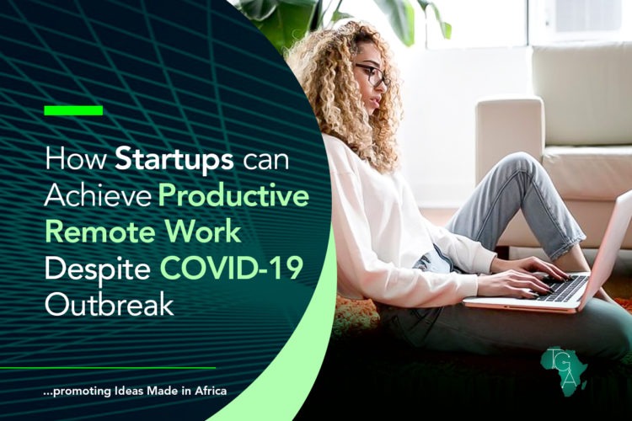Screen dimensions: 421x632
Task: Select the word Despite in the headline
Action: point(101,267)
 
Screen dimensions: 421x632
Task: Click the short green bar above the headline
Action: point(73,110)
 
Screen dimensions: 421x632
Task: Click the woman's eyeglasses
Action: point(372,75)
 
